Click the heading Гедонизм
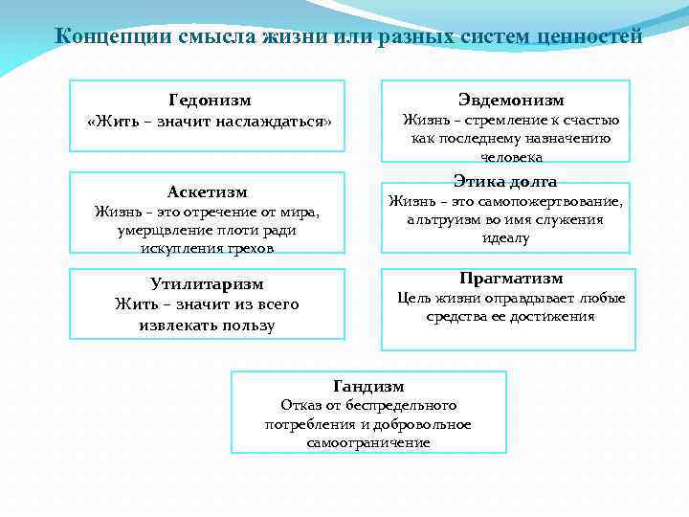point(210,99)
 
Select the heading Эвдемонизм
point(511,100)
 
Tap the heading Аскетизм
point(207,191)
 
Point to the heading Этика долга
point(505,181)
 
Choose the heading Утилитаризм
point(207,283)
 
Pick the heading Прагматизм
point(511,278)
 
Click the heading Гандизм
point(368,386)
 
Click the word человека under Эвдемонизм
point(511,157)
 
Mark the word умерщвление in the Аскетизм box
point(159,230)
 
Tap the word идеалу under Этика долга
point(505,237)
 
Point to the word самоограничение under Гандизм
point(368,443)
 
